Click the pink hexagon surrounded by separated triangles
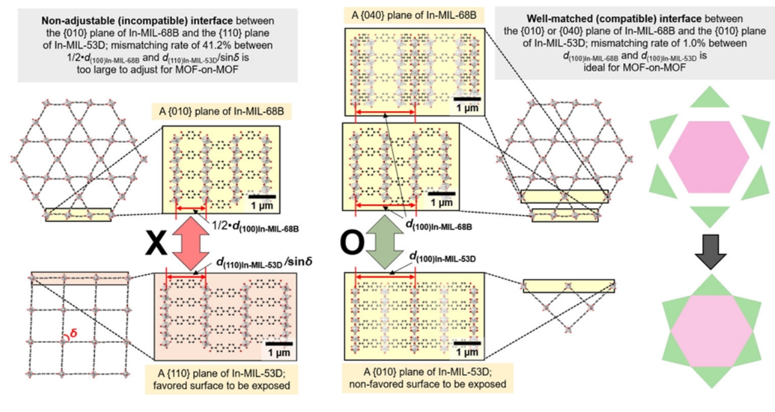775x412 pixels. (x=709, y=157)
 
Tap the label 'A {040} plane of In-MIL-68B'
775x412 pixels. (x=414, y=15)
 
